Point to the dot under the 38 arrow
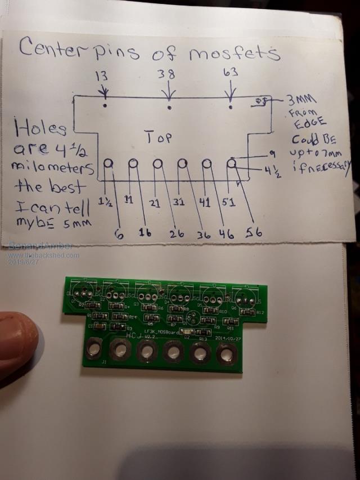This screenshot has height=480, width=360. click(x=169, y=105)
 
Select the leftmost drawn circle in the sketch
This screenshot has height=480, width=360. click(x=109, y=163)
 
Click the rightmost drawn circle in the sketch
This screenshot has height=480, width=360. click(x=232, y=163)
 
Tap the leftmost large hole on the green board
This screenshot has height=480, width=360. click(x=93, y=351)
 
